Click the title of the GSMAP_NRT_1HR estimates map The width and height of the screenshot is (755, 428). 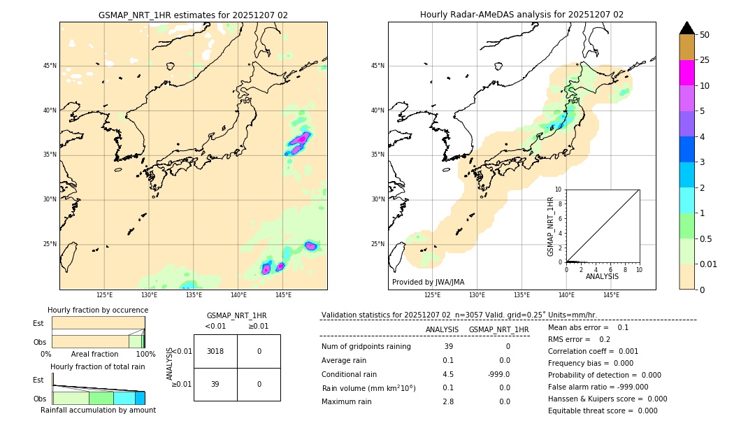click(x=193, y=15)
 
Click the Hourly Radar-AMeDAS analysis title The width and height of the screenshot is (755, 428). click(x=522, y=15)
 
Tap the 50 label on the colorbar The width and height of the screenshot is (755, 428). click(x=705, y=35)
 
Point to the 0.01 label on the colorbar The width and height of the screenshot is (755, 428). click(x=707, y=264)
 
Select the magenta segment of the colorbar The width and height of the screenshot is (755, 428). click(x=687, y=73)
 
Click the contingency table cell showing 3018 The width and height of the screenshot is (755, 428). click(x=215, y=351)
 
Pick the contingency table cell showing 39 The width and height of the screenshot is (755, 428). click(x=215, y=384)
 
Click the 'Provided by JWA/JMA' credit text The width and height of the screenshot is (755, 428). click(x=428, y=282)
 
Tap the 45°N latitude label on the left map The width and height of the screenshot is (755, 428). click(x=50, y=66)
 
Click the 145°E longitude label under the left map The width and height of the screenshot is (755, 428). click(x=283, y=295)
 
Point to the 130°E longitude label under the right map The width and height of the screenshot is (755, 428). click(x=477, y=295)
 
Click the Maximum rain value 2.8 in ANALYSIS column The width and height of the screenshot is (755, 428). click(x=448, y=401)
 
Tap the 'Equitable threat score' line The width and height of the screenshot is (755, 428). click(x=603, y=411)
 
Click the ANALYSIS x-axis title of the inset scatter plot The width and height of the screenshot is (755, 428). click(x=602, y=276)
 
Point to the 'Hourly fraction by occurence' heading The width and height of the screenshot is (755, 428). click(x=98, y=310)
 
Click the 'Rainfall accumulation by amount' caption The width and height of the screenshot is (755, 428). click(x=98, y=410)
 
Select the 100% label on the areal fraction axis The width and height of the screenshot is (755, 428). click(x=145, y=354)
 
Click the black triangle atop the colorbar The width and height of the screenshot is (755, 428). click(x=687, y=28)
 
